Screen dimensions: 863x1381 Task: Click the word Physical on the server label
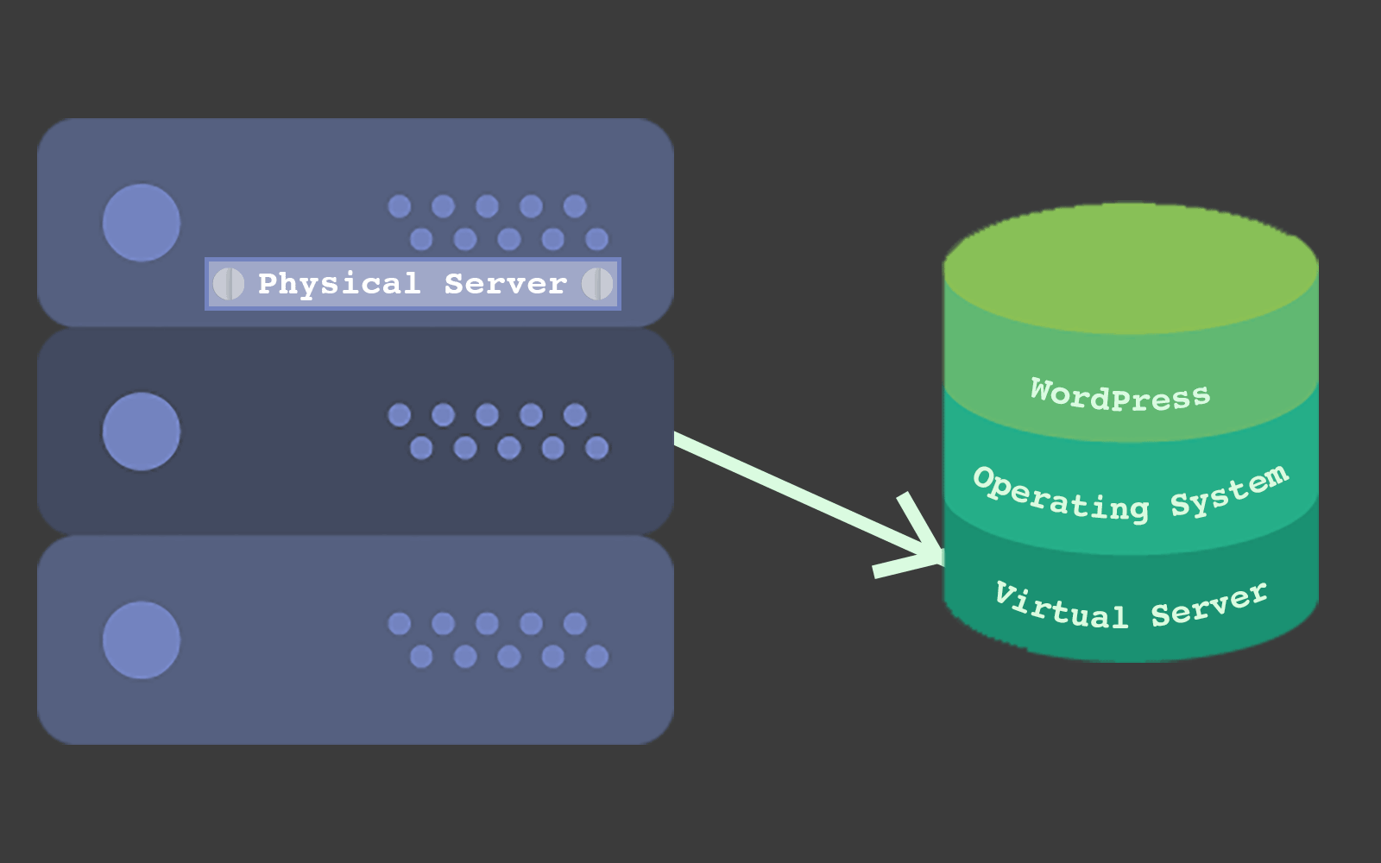(338, 284)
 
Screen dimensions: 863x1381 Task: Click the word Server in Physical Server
(506, 284)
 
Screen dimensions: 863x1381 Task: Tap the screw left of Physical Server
(229, 284)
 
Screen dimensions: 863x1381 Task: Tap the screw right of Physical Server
(597, 284)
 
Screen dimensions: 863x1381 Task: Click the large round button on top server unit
(142, 223)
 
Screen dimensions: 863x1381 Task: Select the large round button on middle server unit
(142, 431)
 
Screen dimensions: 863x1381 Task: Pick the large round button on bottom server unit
(142, 640)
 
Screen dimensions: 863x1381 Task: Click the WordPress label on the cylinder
(1120, 396)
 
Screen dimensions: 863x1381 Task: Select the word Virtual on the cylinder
(1061, 606)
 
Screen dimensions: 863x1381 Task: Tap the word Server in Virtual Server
(1209, 605)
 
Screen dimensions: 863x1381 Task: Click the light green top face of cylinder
(1131, 268)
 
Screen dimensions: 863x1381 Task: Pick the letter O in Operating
(986, 478)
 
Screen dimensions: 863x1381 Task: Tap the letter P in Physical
(268, 282)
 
